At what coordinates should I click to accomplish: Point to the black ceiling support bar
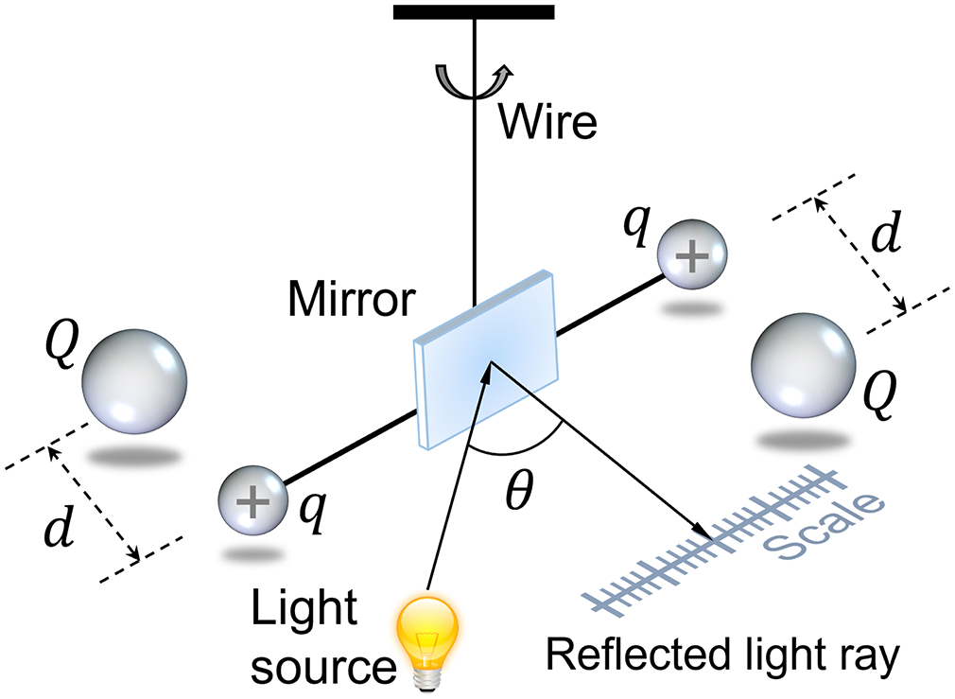click(474, 11)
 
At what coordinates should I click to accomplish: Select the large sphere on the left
click(133, 381)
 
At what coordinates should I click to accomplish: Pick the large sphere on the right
click(803, 365)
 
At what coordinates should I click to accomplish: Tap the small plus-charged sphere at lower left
click(252, 500)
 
